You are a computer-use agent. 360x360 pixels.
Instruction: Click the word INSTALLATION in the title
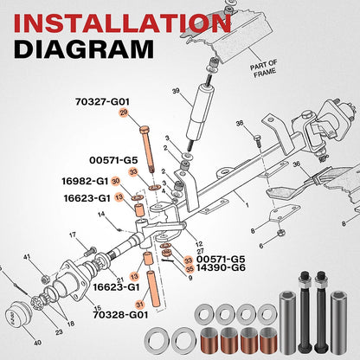point(122,22)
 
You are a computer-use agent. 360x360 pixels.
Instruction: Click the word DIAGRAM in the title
point(84,49)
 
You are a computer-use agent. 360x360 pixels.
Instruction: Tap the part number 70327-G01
point(102,102)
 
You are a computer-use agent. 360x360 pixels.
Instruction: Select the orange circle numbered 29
point(124,112)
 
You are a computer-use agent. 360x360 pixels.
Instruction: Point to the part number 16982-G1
point(85,181)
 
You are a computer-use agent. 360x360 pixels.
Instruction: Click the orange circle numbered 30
point(115,181)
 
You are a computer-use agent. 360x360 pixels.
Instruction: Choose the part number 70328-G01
point(120,314)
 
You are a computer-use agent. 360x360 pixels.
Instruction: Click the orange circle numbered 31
point(139,305)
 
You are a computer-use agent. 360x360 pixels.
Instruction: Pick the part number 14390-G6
point(221,267)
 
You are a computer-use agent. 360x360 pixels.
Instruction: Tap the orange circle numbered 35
point(190,269)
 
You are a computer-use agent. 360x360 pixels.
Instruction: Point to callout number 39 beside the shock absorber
point(176,91)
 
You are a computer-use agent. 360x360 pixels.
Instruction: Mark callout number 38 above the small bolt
point(240,124)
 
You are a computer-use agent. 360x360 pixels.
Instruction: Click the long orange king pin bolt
point(147,149)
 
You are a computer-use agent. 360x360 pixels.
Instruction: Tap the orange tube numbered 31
point(154,289)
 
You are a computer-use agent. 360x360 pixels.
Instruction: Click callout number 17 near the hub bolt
point(73,235)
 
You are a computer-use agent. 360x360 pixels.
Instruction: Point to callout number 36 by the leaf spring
point(297,164)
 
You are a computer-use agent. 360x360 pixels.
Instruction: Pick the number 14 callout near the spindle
point(101,215)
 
